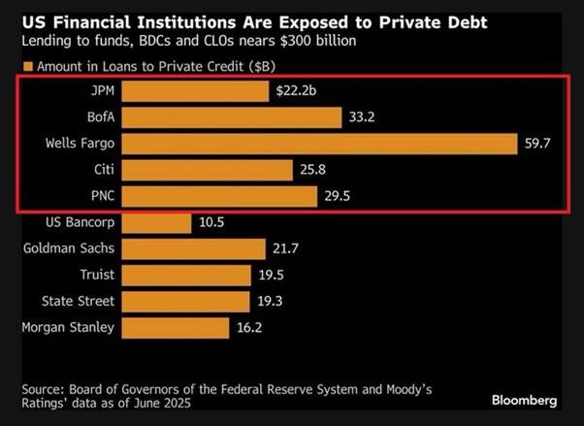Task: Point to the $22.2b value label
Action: pos(295,91)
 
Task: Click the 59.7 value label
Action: pos(539,144)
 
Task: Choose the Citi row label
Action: pos(101,170)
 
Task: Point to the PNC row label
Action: pos(99,196)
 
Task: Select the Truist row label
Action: pos(94,275)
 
